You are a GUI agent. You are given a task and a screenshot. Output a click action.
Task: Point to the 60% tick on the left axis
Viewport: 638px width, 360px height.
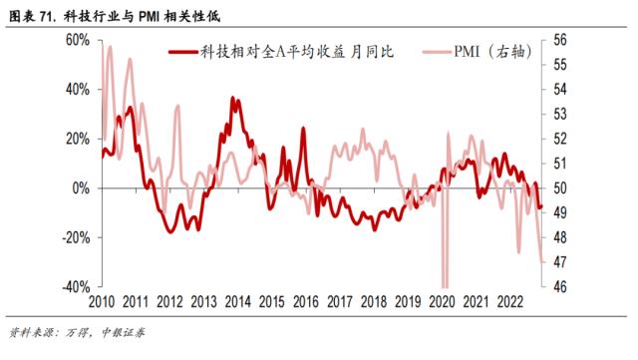tap(77, 40)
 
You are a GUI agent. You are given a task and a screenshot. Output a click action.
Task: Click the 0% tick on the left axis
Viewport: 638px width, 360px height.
tap(81, 188)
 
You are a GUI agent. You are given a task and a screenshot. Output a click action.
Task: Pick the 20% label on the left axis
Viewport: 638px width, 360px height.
tap(77, 139)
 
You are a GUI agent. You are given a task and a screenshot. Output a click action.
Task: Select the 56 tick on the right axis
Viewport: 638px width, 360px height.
tap(559, 40)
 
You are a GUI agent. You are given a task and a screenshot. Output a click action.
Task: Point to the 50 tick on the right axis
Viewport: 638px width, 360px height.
tap(559, 188)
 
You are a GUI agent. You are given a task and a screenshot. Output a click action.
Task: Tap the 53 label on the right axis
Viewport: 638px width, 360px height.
tap(559, 114)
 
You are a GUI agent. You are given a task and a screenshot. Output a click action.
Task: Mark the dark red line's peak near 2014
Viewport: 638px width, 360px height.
tap(233, 98)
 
